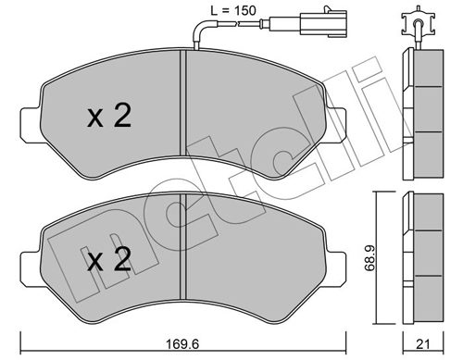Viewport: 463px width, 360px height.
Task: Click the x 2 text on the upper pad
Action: (108, 117)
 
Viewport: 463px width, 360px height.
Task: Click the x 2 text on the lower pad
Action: (108, 261)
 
